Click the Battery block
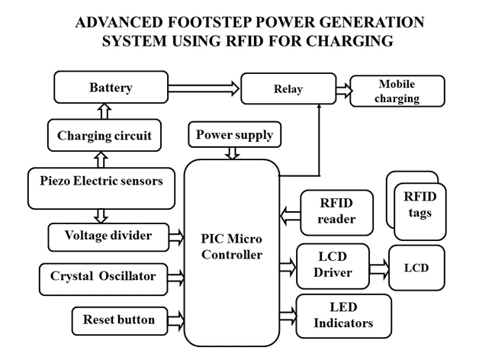click(x=110, y=88)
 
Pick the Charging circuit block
click(x=104, y=136)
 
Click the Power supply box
click(x=233, y=135)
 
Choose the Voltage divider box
click(x=111, y=236)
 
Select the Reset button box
click(x=119, y=319)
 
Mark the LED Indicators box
click(x=343, y=316)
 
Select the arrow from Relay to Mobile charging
click(x=343, y=90)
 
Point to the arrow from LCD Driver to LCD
click(x=378, y=268)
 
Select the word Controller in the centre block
click(x=232, y=253)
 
